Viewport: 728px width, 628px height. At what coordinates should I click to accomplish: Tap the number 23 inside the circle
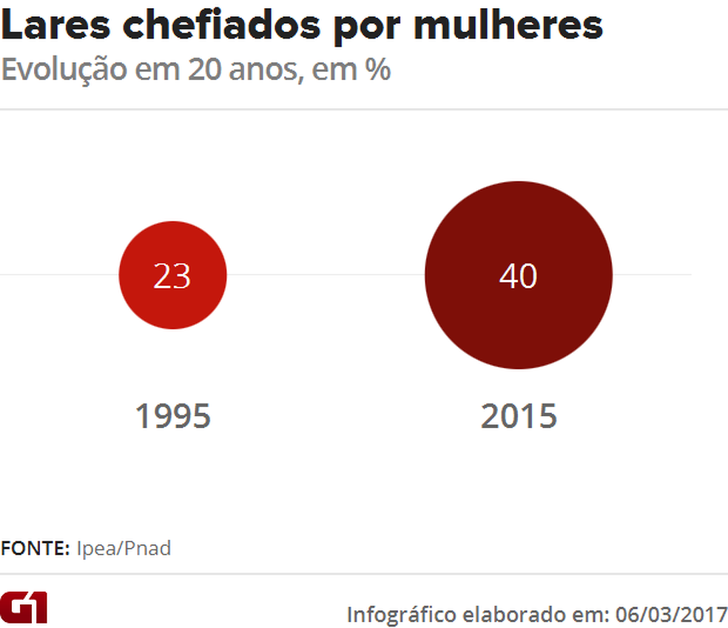172,276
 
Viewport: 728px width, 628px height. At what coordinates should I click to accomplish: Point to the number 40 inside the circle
518,276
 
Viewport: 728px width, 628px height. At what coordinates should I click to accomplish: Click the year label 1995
172,416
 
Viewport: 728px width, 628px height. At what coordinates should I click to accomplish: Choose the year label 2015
518,416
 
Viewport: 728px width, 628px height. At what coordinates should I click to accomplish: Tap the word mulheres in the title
508,26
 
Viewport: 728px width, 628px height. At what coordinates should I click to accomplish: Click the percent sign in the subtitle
377,70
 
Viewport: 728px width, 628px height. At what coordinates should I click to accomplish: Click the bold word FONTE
35,549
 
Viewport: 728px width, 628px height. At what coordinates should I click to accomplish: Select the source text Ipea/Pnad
124,549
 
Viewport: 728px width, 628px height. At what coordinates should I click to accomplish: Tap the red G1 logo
24,607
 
